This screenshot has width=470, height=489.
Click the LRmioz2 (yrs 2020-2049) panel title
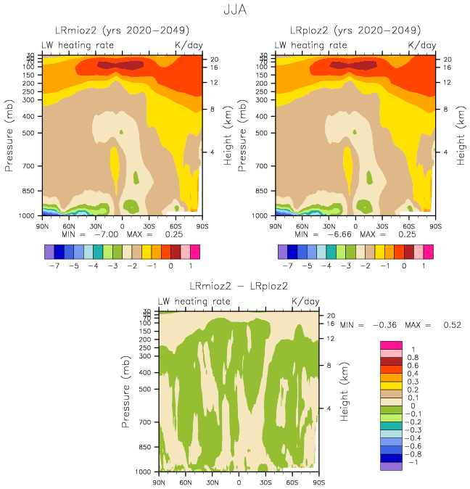coord(122,31)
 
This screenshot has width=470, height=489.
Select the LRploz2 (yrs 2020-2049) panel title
coord(355,31)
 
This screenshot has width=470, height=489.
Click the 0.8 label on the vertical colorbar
coord(412,357)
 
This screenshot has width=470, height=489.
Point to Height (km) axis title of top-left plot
coord(227,135)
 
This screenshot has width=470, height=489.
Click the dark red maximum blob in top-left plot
coord(120,65)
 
